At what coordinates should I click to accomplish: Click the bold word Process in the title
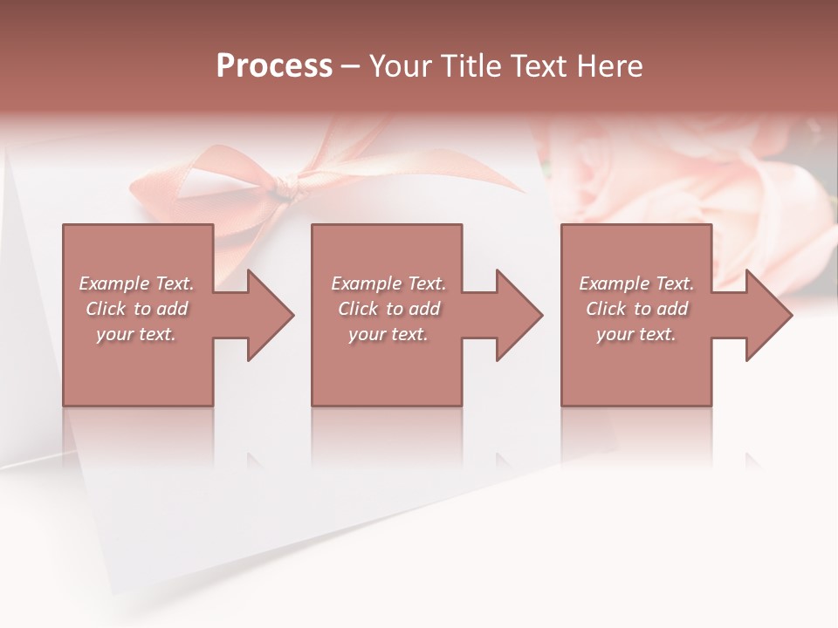click(x=274, y=66)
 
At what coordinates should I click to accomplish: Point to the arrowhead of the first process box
click(x=271, y=315)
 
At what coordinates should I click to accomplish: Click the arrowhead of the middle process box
click(x=519, y=315)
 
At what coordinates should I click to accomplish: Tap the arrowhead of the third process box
click(x=769, y=315)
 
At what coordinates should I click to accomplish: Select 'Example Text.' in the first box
click(x=136, y=283)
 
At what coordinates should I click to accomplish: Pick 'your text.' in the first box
click(x=136, y=334)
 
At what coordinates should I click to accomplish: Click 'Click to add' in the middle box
click(x=388, y=309)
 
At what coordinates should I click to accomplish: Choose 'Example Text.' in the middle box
click(x=388, y=283)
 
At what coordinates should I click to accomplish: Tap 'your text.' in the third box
click(x=636, y=334)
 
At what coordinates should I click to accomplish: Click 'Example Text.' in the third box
click(x=636, y=283)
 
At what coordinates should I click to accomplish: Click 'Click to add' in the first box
click(x=136, y=309)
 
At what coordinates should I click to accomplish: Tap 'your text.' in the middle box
click(x=388, y=334)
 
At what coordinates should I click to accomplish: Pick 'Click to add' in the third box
click(x=636, y=309)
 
